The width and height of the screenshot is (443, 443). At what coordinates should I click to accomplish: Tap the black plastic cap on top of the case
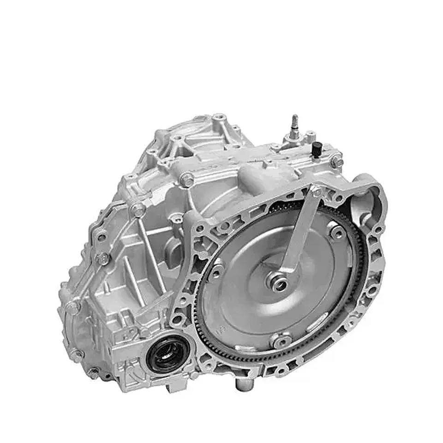tap(317, 149)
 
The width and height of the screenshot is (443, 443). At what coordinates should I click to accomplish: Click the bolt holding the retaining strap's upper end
tap(317, 192)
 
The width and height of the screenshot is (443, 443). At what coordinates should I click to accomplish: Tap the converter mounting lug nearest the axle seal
tap(216, 271)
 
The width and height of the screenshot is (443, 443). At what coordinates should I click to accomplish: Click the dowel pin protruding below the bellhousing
tap(240, 384)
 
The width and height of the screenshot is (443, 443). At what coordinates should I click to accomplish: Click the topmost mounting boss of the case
tap(219, 117)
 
